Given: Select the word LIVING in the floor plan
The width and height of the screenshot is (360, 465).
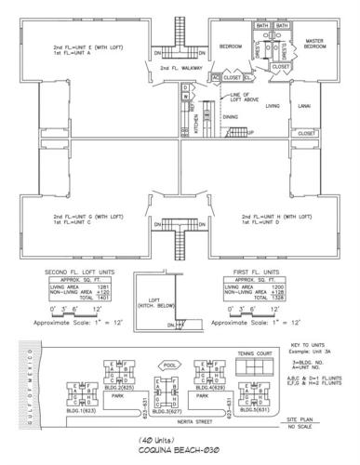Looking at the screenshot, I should pos(272,107).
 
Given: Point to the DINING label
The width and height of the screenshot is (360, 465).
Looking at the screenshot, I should pos(230,116).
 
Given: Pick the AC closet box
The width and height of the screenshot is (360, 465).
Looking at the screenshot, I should pos(215,76).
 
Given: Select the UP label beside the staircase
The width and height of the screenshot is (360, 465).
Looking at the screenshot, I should pos(250,132).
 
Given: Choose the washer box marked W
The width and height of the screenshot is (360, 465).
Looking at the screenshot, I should pos(185,96).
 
